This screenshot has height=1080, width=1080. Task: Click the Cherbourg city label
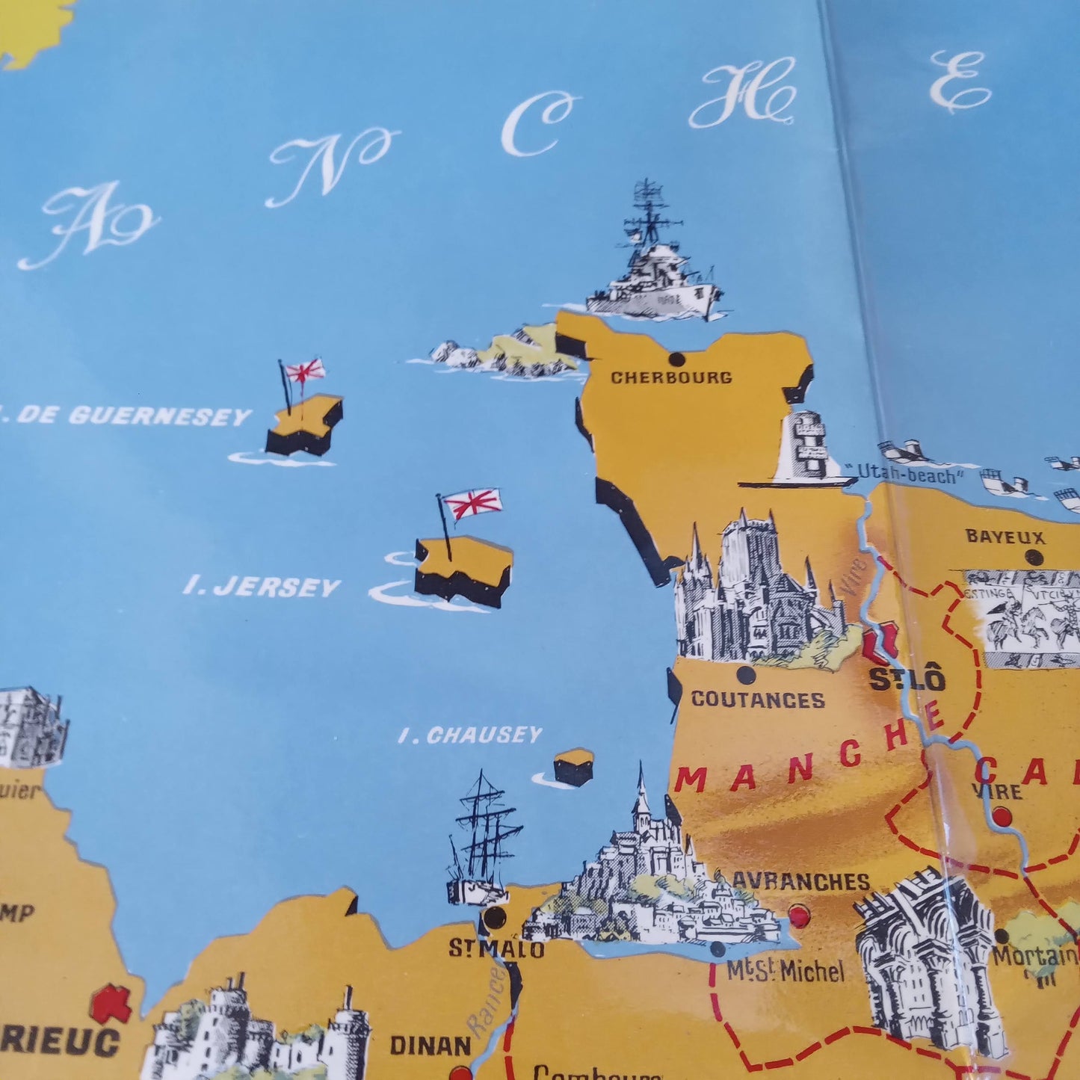pyautogui.click(x=671, y=377)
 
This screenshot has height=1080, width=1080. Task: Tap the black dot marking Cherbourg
pyautogui.click(x=677, y=358)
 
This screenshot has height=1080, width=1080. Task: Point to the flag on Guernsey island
pyautogui.click(x=305, y=370)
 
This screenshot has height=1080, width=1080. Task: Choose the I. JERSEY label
pyautogui.click(x=262, y=587)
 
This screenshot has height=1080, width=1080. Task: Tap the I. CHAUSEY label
pyautogui.click(x=470, y=735)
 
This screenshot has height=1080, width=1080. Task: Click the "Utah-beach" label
pyautogui.click(x=907, y=473)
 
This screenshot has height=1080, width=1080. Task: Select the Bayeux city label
pyautogui.click(x=1005, y=537)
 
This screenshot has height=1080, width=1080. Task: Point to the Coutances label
pyautogui.click(x=758, y=700)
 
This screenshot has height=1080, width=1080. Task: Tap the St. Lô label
pyautogui.click(x=907, y=679)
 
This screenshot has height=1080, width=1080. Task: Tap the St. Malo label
pyautogui.click(x=496, y=948)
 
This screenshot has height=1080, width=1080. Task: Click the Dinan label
pyautogui.click(x=430, y=1044)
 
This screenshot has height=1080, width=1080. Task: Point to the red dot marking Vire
pyautogui.click(x=1002, y=817)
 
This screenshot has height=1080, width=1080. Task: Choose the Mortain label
pyautogui.click(x=1034, y=955)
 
